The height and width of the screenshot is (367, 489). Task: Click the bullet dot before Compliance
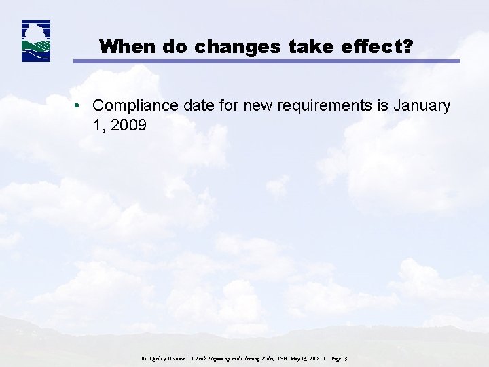point(79,106)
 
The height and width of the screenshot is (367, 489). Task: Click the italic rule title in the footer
point(230,357)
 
